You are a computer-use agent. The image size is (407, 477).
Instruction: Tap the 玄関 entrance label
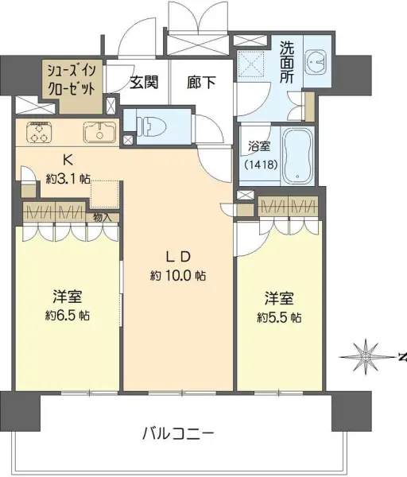(144, 81)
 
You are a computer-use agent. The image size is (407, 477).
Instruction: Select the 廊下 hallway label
(202, 81)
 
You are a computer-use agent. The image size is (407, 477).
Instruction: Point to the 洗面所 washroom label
(287, 62)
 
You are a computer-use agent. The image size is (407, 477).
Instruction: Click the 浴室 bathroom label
(258, 146)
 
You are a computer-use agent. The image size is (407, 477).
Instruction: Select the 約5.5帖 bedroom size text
(279, 317)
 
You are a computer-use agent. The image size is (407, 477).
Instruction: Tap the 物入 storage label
(103, 216)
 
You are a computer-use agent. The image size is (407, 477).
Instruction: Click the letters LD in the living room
(177, 256)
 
